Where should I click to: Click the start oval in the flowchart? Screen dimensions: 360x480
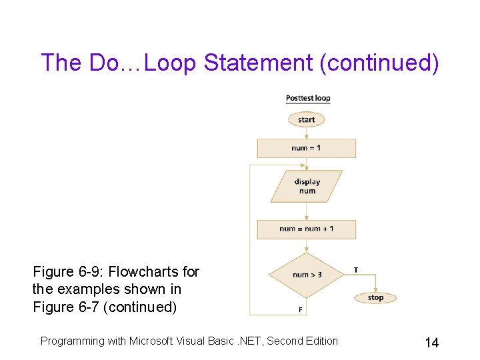pos(306,119)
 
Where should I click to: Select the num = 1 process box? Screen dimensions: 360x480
pos(306,148)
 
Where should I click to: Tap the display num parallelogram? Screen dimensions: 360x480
pos(307,186)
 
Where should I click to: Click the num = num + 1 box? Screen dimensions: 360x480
pos(307,229)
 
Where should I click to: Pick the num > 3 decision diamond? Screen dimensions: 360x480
pos(306,275)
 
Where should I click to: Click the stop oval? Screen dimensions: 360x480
pos(375,297)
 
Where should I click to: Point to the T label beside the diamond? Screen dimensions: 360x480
pos(355,269)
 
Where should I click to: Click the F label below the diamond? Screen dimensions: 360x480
pos(300,309)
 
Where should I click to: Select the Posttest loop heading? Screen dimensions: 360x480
pos(308,98)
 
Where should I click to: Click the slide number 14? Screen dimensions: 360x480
pos(431,343)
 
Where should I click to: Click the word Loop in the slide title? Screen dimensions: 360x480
pos(171,63)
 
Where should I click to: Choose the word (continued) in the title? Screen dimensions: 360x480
pos(379,63)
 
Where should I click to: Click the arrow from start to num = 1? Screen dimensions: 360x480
pos(306,133)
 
